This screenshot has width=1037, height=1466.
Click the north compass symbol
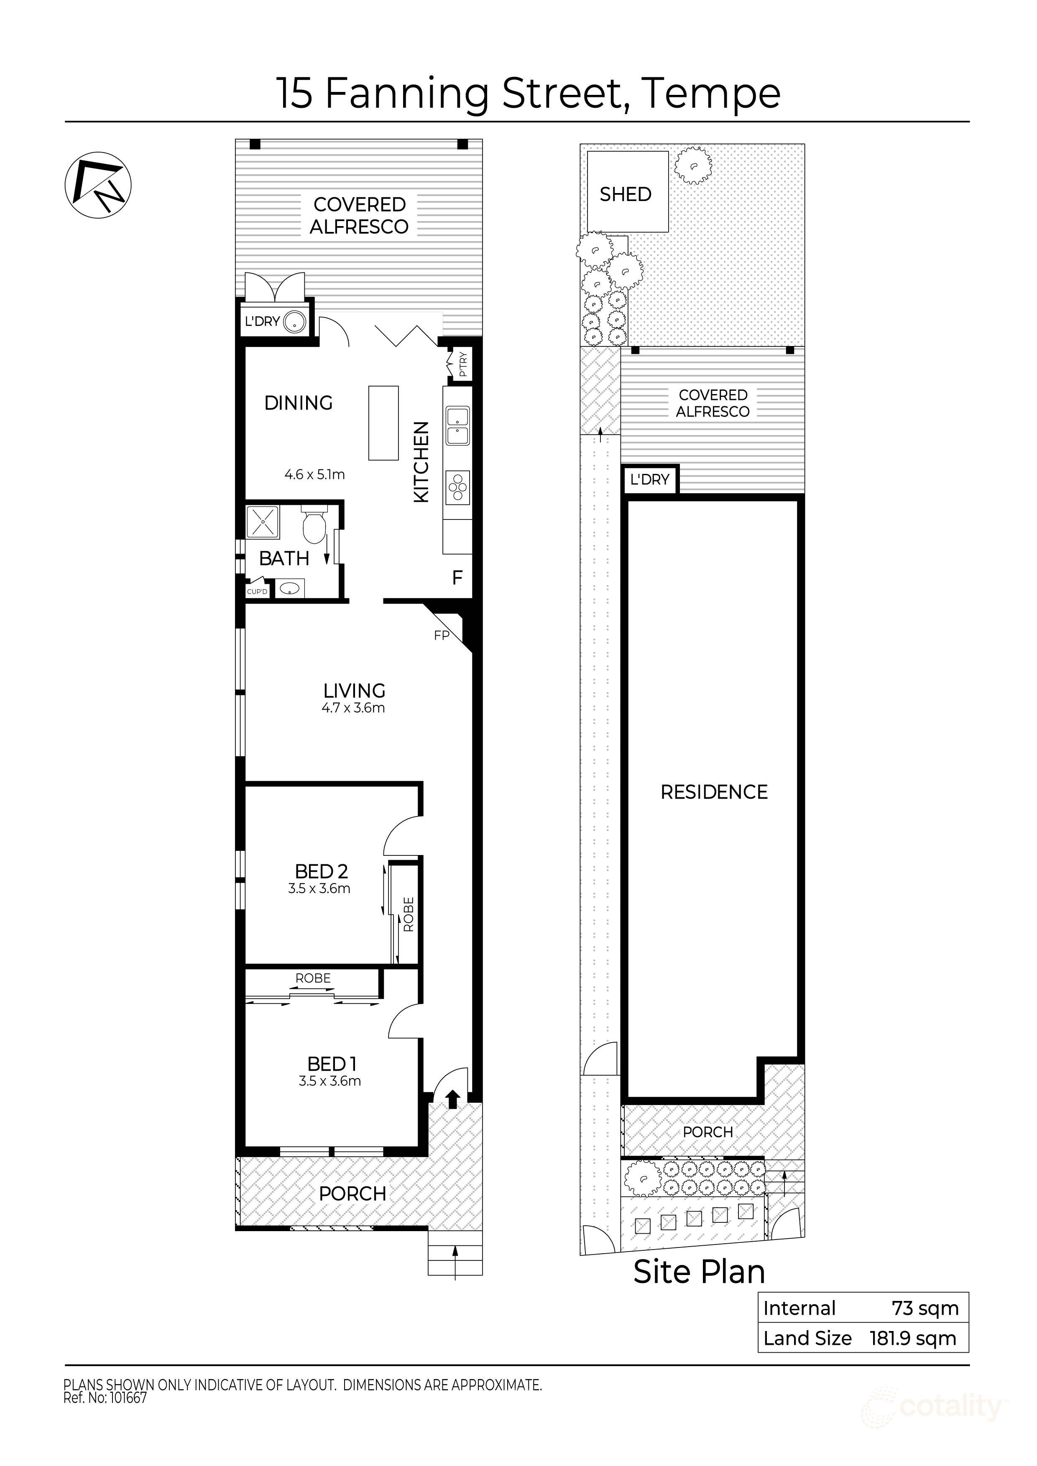[x=98, y=185]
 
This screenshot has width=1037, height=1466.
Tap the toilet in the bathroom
[x=314, y=526]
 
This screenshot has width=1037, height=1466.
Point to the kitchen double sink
[x=457, y=426]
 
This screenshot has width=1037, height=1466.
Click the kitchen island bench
[x=383, y=422]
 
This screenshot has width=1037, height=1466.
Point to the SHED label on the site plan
[x=626, y=194]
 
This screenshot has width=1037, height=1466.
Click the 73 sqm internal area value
[x=925, y=1308]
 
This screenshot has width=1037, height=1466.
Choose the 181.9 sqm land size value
[x=912, y=1338]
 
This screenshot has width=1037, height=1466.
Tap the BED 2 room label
[x=322, y=872]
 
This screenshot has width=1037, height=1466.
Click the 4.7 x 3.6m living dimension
[x=353, y=708]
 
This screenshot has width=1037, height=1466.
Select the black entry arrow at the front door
[x=452, y=1097]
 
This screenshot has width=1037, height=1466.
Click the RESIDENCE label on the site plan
[x=714, y=792]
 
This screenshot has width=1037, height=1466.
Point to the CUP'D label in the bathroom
[x=257, y=592]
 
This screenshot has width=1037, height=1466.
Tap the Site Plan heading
[x=699, y=1272]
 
